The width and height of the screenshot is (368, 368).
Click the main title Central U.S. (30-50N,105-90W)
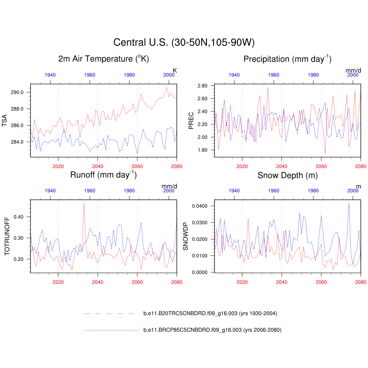pyautogui.click(x=184, y=42)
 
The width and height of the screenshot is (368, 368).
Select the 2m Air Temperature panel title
pyautogui.click(x=103, y=59)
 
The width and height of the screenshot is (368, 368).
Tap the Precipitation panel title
pyautogui.click(x=287, y=59)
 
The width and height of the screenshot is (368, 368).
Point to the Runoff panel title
pyautogui.click(x=103, y=175)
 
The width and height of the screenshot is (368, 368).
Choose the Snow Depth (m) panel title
pyautogui.click(x=287, y=175)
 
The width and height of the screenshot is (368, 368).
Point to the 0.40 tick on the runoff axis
pyautogui.click(x=18, y=217)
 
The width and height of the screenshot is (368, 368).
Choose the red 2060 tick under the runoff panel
pyautogui.click(x=137, y=282)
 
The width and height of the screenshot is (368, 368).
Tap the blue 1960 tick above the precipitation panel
pyautogui.click(x=273, y=75)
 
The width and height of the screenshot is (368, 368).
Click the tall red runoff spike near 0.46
pyautogui.click(x=84, y=204)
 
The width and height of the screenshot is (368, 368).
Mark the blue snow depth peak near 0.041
pyautogui.click(x=349, y=204)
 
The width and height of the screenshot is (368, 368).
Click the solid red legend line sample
pyautogui.click(x=111, y=330)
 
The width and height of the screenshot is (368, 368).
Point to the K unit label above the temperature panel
pyautogui.click(x=175, y=70)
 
